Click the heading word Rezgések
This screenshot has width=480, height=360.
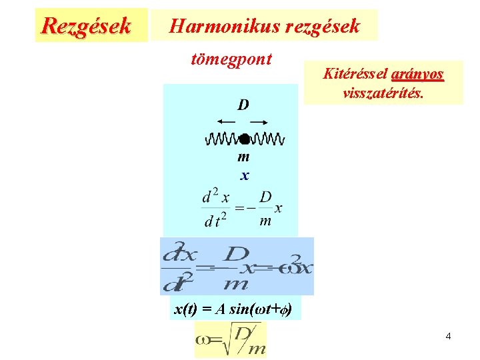[x=85, y=25]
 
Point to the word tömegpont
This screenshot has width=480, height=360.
[x=231, y=59]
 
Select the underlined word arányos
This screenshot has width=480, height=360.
[x=417, y=74]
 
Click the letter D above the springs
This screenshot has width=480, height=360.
[x=243, y=105]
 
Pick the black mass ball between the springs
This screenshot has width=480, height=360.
[x=244, y=139]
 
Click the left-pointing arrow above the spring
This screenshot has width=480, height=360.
[x=226, y=122]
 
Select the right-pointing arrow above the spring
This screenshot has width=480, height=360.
[x=259, y=122]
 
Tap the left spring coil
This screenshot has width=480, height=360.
[x=221, y=139]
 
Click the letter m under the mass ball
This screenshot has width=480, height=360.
[x=243, y=157]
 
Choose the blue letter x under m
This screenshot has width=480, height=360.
[x=245, y=175]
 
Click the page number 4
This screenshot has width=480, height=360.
[x=448, y=336]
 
